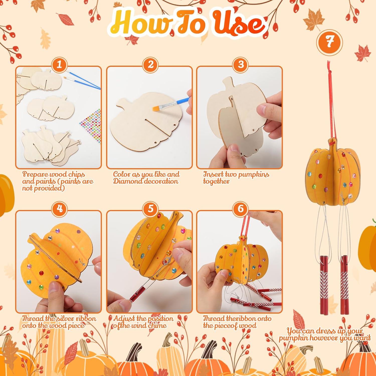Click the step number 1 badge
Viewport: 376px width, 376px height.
59,65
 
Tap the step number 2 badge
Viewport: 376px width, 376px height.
150,65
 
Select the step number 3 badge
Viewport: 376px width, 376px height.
240,65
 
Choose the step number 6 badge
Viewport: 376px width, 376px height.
240,209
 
